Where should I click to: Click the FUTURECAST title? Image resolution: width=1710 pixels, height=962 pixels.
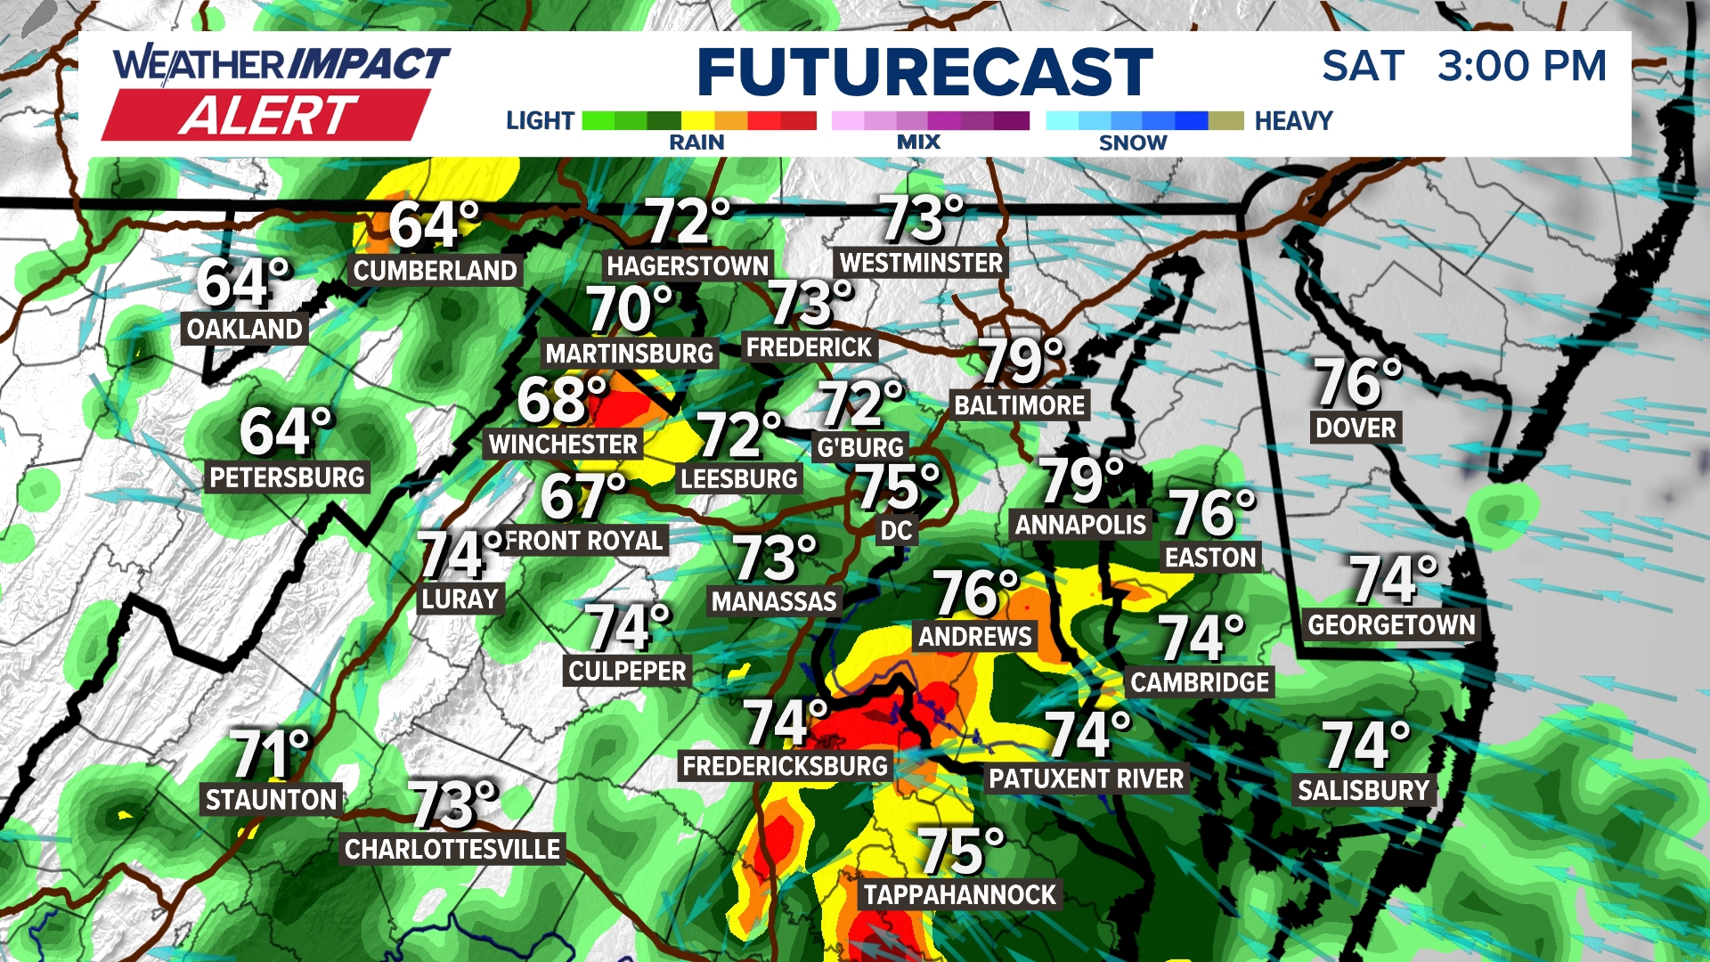(x=924, y=72)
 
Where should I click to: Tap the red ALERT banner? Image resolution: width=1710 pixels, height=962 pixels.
(x=267, y=116)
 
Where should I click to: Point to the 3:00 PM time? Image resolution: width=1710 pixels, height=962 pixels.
(x=1521, y=66)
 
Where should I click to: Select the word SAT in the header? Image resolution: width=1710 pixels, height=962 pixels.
(x=1363, y=66)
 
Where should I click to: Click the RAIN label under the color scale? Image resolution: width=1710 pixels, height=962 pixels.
(x=696, y=143)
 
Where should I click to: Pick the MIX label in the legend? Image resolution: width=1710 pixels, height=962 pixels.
(x=918, y=143)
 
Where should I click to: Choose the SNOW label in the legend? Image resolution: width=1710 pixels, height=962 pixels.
(x=1132, y=143)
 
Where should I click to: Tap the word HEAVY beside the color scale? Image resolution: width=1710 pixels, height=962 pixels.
(x=1293, y=121)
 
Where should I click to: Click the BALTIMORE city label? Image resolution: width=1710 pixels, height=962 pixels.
(x=1019, y=406)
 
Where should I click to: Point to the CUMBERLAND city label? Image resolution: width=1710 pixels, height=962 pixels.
(x=435, y=271)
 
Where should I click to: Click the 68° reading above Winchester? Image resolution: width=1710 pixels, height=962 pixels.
(x=561, y=401)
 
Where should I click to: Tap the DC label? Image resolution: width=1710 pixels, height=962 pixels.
(x=896, y=532)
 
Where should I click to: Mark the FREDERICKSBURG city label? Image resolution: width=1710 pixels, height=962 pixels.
(x=785, y=766)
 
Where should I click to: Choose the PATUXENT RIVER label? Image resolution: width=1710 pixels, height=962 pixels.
(x=1086, y=779)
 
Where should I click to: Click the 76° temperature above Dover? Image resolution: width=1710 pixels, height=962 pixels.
(x=1357, y=383)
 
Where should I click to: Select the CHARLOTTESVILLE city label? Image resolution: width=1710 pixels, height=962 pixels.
(x=452, y=850)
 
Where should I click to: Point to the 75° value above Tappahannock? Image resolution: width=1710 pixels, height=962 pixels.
(x=960, y=852)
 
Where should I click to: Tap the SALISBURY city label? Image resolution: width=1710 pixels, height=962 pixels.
(x=1363, y=791)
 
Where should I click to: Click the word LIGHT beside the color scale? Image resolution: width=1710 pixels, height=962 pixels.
(x=540, y=121)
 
